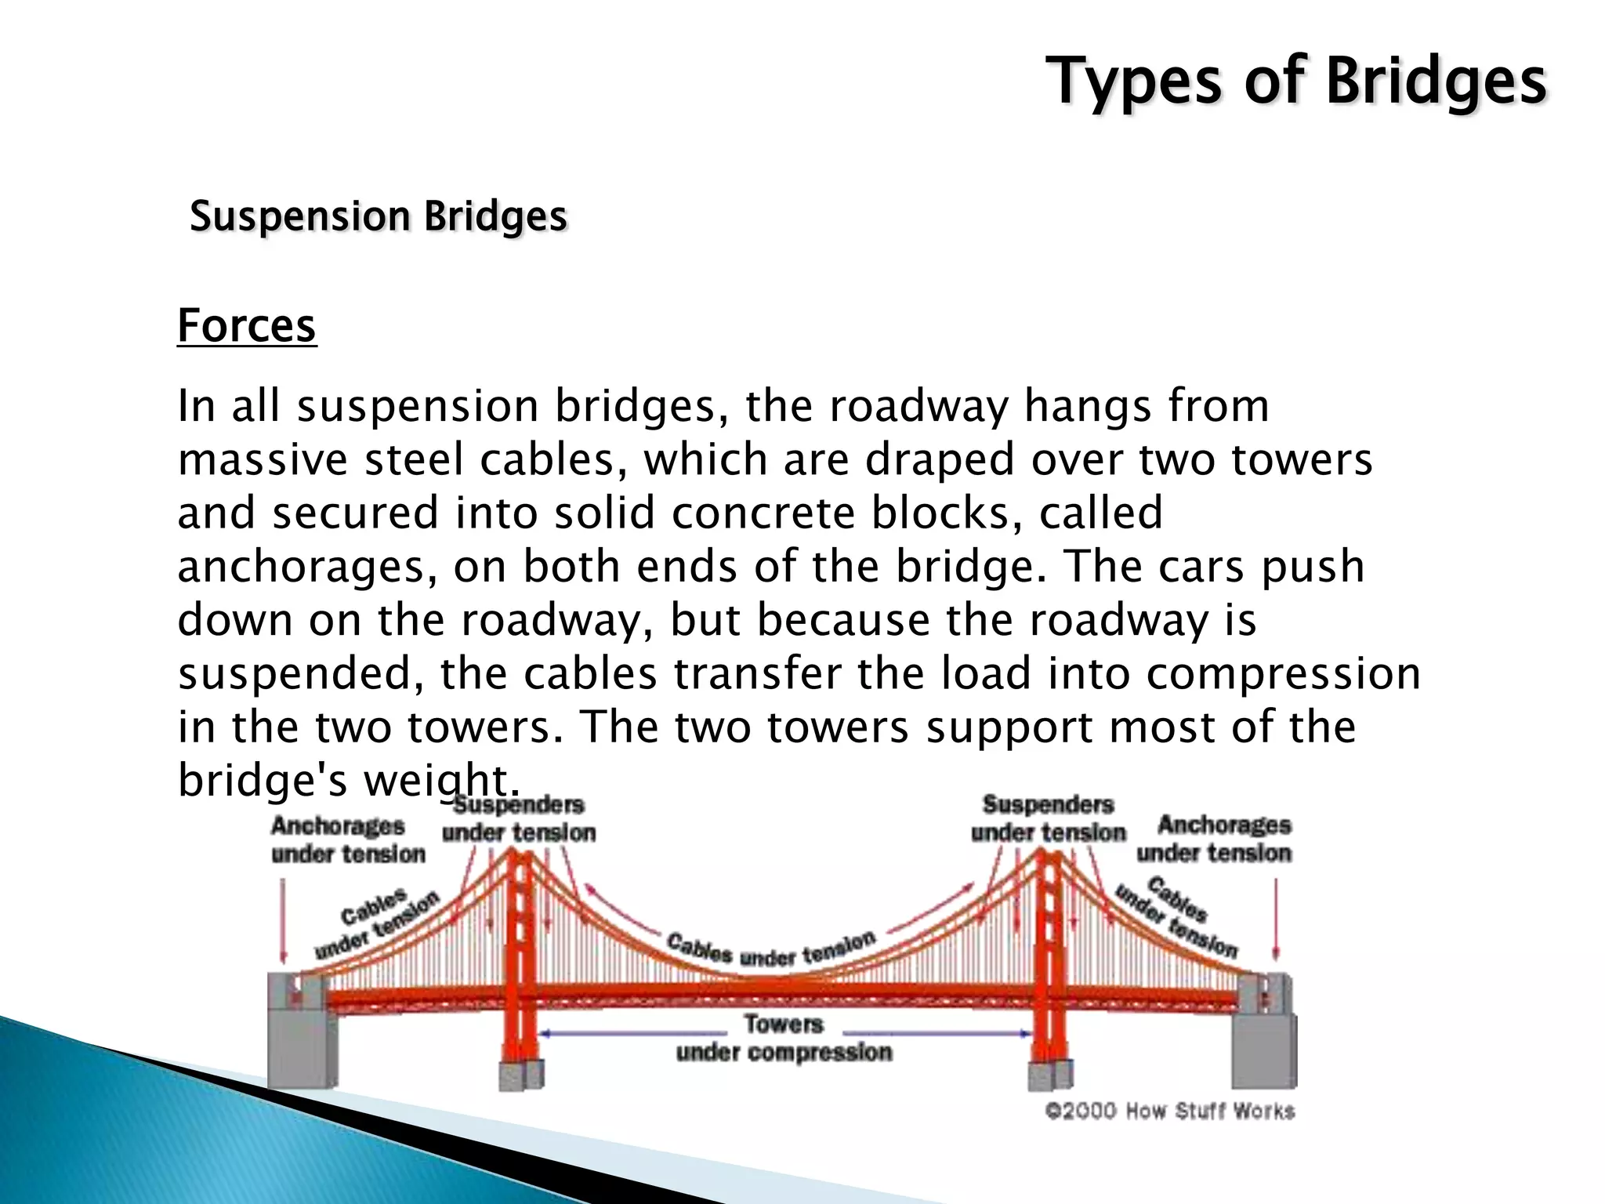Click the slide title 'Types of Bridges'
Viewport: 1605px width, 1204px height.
tap(1296, 82)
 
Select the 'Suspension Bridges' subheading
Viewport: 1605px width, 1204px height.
tap(379, 216)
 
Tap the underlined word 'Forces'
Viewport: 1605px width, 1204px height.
tap(247, 325)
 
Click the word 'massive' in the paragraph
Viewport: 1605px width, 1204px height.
tap(263, 459)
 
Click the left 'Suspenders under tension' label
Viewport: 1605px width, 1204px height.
tap(519, 818)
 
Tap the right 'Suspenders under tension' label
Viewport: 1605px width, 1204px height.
tap(1049, 818)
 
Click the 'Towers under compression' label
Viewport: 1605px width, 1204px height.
tap(784, 1038)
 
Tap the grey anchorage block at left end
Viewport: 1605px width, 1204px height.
tap(302, 1043)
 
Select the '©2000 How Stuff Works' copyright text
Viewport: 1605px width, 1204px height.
tap(1170, 1111)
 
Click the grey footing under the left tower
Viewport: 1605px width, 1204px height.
tap(521, 1075)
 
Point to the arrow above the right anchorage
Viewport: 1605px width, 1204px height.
tap(1276, 919)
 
